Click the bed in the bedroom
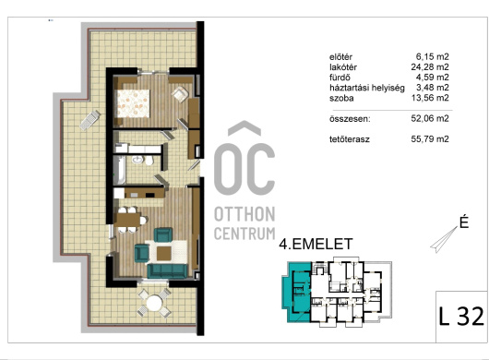coord(132,103)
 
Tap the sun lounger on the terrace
coord(90,120)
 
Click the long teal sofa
coord(167,270)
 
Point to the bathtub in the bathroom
coord(119,170)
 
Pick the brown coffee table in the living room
coord(163,253)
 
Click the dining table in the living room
coord(128,220)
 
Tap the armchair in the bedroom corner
coord(180,94)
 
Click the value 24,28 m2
coord(430,66)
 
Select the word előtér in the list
coord(340,57)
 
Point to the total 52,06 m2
coord(430,118)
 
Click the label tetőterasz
coord(350,139)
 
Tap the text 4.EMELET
coord(316,244)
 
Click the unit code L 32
coord(461,317)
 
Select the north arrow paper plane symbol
coord(444,240)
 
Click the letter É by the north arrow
coord(464,222)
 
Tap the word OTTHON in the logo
coord(244,214)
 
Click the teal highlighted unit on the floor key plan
coord(296,290)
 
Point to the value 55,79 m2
coord(430,139)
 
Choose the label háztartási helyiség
coord(367,88)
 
